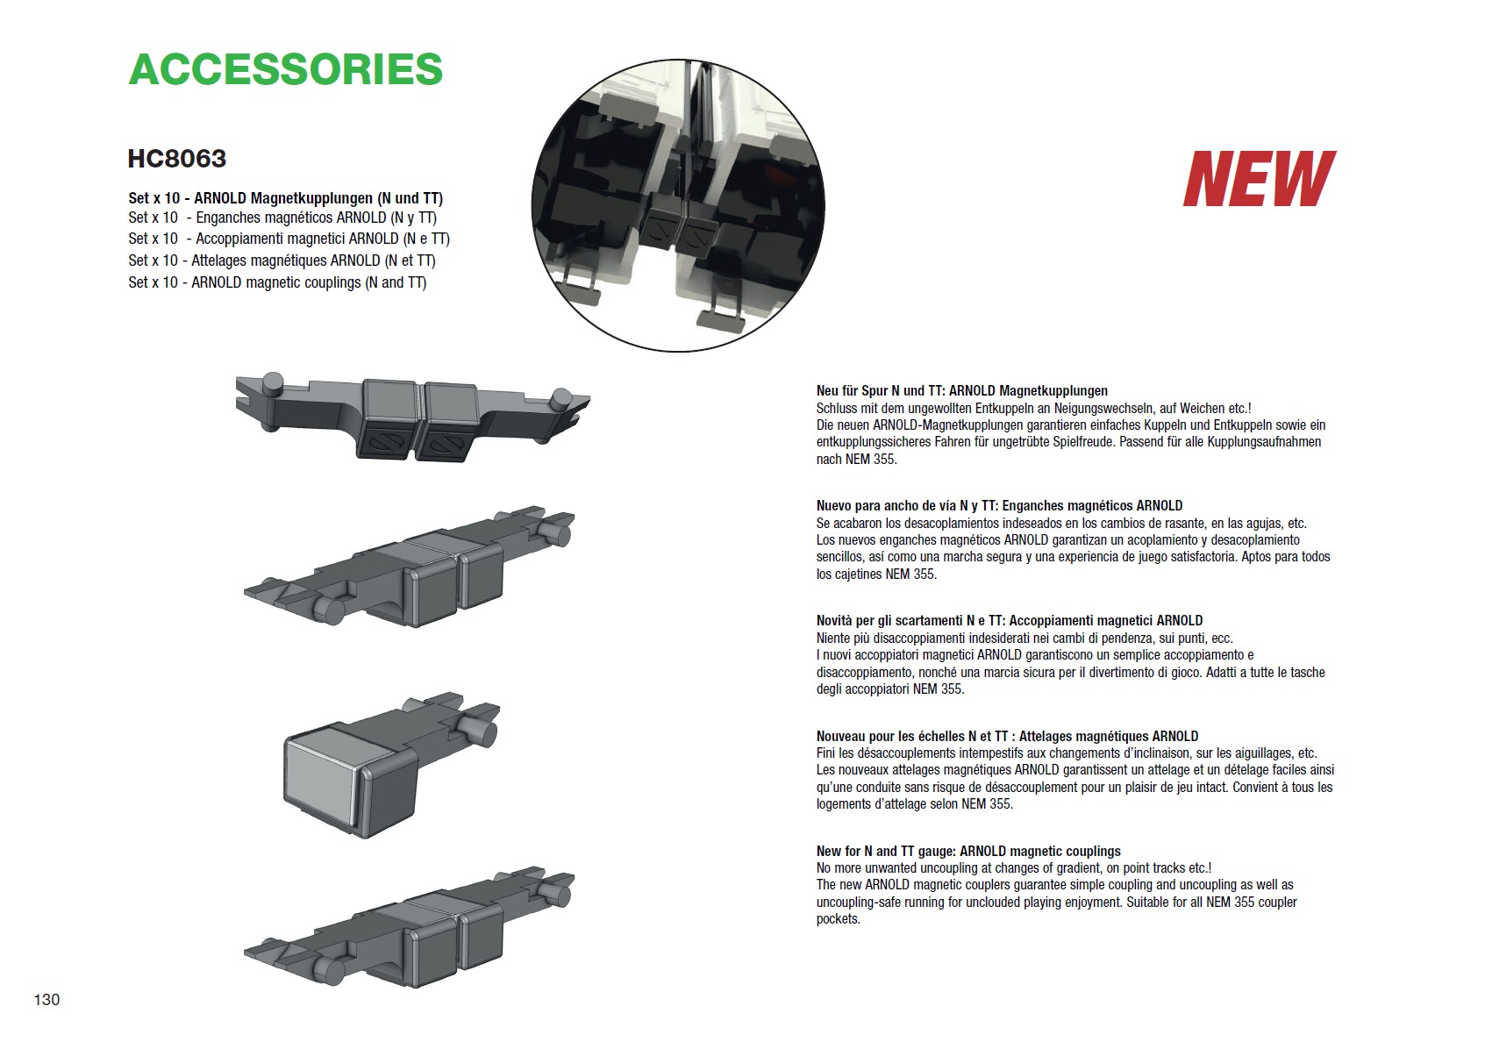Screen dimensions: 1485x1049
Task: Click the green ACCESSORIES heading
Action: click(286, 69)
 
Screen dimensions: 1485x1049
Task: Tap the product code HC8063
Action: click(177, 159)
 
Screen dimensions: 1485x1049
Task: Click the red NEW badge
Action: click(1260, 178)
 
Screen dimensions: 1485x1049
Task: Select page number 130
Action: click(46, 1000)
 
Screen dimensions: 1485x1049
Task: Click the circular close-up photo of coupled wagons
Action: click(678, 205)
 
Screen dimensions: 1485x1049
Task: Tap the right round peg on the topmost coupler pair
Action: click(561, 398)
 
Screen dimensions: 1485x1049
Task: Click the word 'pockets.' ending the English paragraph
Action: click(838, 920)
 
